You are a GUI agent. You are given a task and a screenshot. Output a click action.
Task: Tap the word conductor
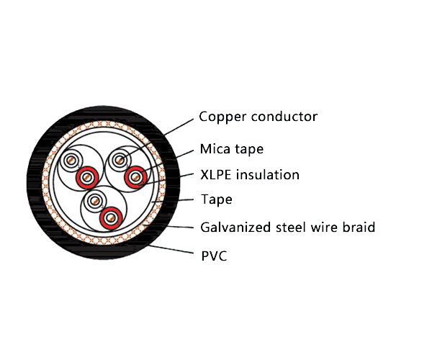tap(283, 117)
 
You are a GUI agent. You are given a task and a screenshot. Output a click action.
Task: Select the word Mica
tap(215, 150)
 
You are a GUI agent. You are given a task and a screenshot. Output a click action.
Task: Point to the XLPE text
tap(217, 175)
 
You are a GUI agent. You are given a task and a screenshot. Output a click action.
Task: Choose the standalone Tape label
tap(216, 199)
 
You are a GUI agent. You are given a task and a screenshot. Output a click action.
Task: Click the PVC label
tap(214, 254)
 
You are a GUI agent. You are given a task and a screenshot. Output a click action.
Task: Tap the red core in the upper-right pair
tap(135, 176)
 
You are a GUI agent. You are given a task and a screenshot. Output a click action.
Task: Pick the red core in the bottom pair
tap(110, 217)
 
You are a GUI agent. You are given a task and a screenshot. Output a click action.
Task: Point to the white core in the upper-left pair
tap(72, 161)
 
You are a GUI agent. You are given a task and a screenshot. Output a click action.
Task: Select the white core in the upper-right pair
tap(120, 160)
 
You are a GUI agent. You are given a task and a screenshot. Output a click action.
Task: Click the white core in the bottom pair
tap(94, 202)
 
